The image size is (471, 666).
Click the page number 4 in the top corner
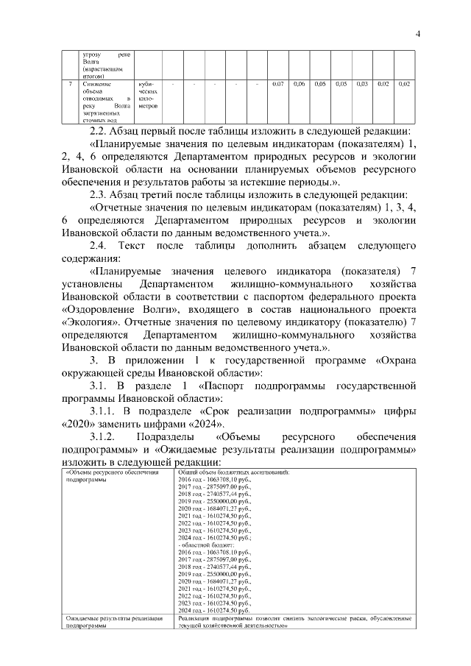point(417,33)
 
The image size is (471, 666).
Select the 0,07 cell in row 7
point(278,85)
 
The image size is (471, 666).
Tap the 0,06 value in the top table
point(300,85)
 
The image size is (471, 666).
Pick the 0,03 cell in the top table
point(362,85)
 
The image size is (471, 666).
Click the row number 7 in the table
point(70,85)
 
